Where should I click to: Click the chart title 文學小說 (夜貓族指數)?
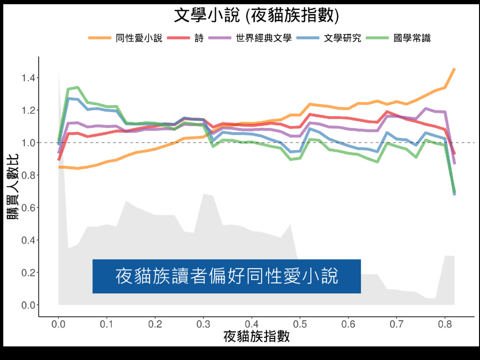coord(256,15)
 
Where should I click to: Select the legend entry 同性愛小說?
coord(139,38)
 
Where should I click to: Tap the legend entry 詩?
coord(199,38)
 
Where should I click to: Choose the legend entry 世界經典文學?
coord(264,38)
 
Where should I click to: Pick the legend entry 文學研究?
coord(343,38)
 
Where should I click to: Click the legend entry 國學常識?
coord(412,38)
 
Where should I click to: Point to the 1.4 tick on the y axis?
coord(27,78)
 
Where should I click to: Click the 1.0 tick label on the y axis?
coord(27,142)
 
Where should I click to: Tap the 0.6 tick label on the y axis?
coord(27,208)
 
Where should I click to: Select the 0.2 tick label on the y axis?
coord(27,273)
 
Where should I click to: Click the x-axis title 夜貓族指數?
coord(256,337)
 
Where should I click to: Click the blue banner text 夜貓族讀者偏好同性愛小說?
coord(226,276)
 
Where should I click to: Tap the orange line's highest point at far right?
coord(454,69)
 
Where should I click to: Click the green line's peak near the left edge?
coord(77,87)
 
